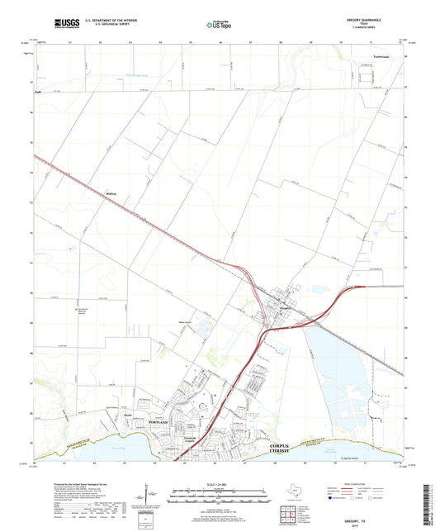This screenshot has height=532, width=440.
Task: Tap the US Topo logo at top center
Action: tap(219, 26)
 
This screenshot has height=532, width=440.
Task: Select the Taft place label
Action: tap(38, 92)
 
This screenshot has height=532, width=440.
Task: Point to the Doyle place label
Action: tap(128, 416)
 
